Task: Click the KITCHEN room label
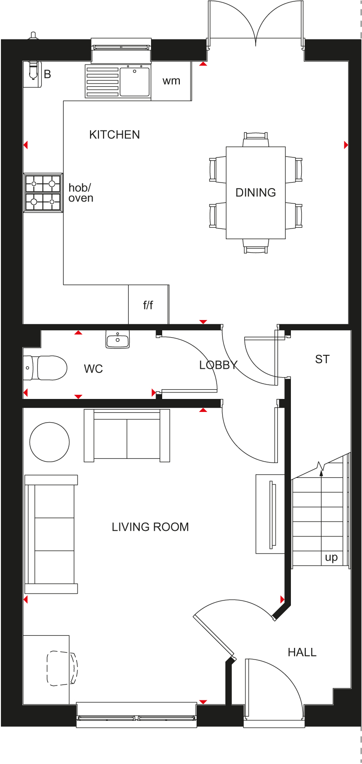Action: tap(114, 135)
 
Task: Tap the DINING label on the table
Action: tap(256, 193)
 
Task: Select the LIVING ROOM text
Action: tap(150, 527)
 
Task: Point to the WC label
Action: tap(93, 369)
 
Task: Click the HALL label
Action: tap(302, 652)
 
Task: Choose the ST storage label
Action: tap(322, 359)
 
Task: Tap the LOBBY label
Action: tap(218, 366)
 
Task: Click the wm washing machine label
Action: tap(171, 81)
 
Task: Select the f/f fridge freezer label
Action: tap(148, 305)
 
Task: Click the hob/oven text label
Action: tap(80, 193)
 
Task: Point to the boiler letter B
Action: tap(47, 74)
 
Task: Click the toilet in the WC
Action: tap(45, 368)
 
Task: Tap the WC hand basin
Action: tap(118, 340)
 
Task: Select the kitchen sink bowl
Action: tap(134, 82)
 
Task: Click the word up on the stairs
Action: tap(331, 557)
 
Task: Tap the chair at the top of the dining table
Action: tap(256, 139)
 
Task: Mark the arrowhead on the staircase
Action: tap(321, 472)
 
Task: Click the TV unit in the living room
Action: tap(270, 514)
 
